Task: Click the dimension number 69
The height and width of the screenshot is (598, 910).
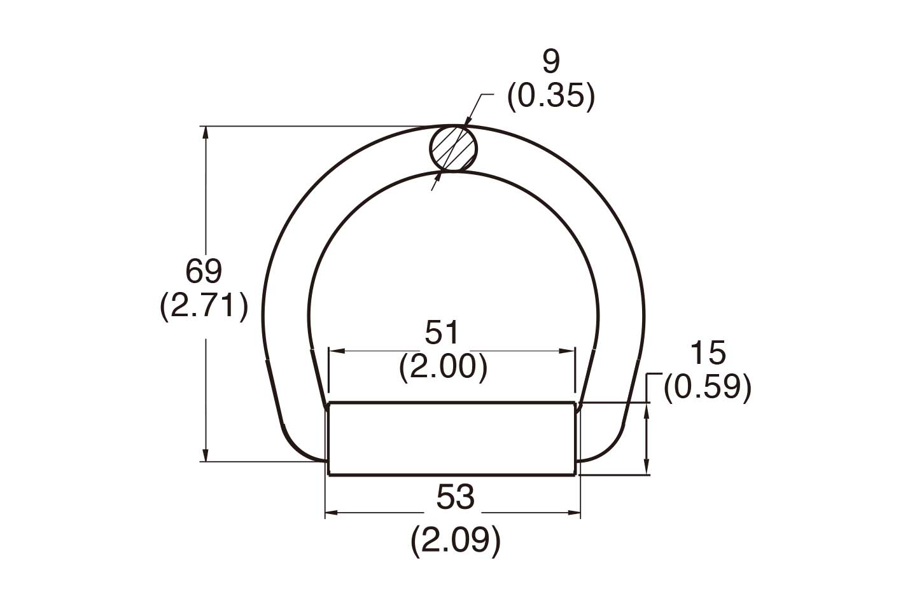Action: (204, 272)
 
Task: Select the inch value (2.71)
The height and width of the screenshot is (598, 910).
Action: (204, 307)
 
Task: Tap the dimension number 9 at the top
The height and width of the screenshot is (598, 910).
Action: (551, 62)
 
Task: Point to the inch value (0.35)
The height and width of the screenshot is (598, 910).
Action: (551, 96)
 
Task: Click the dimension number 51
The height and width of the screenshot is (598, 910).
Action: (442, 332)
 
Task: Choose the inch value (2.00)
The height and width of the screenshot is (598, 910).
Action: (444, 367)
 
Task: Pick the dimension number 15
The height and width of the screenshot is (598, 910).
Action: (708, 353)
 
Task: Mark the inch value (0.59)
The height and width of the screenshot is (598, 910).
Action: (708, 387)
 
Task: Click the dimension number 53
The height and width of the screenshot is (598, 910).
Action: (456, 497)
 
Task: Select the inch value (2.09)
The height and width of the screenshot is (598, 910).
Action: (456, 541)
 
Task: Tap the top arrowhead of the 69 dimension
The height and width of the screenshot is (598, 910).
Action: (205, 132)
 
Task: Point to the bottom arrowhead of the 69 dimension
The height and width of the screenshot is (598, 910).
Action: (205, 456)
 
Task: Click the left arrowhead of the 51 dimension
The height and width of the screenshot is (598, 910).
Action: (334, 351)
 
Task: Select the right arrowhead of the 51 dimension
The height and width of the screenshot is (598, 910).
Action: (570, 351)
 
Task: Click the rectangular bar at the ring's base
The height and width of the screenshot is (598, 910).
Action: (452, 438)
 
